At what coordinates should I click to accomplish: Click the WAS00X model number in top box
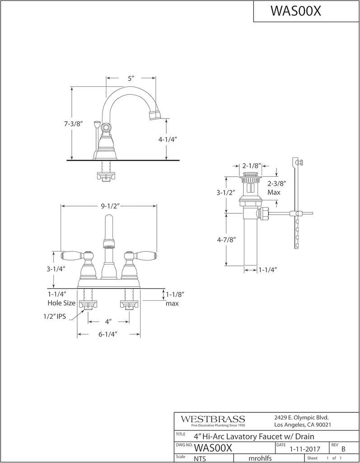point(295,11)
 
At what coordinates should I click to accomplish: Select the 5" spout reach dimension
point(131,78)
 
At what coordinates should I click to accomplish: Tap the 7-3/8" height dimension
point(73,123)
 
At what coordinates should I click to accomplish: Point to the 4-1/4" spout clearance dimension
point(167,140)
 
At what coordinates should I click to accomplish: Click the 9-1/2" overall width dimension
point(108,206)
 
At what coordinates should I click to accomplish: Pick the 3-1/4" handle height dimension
point(56,269)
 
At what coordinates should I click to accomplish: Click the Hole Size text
point(62,303)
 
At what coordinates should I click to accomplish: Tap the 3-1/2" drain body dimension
point(226,192)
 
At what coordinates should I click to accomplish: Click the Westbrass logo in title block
point(213,419)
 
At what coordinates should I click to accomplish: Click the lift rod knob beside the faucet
point(96,123)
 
